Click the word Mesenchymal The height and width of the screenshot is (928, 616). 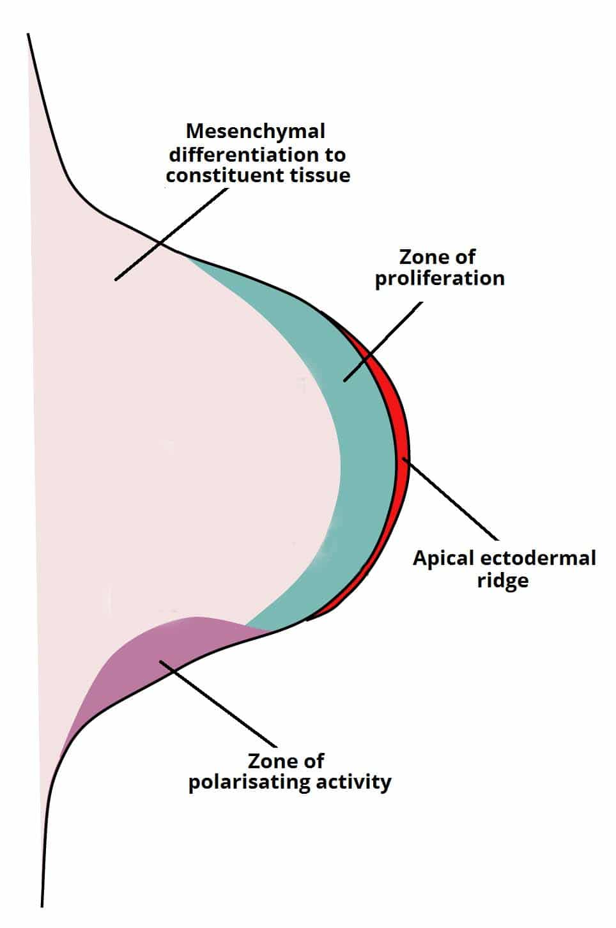tap(255, 132)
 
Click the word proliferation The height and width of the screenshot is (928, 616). tap(439, 279)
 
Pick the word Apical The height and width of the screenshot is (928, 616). tap(443, 558)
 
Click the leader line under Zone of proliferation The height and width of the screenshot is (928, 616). tap(383, 342)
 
